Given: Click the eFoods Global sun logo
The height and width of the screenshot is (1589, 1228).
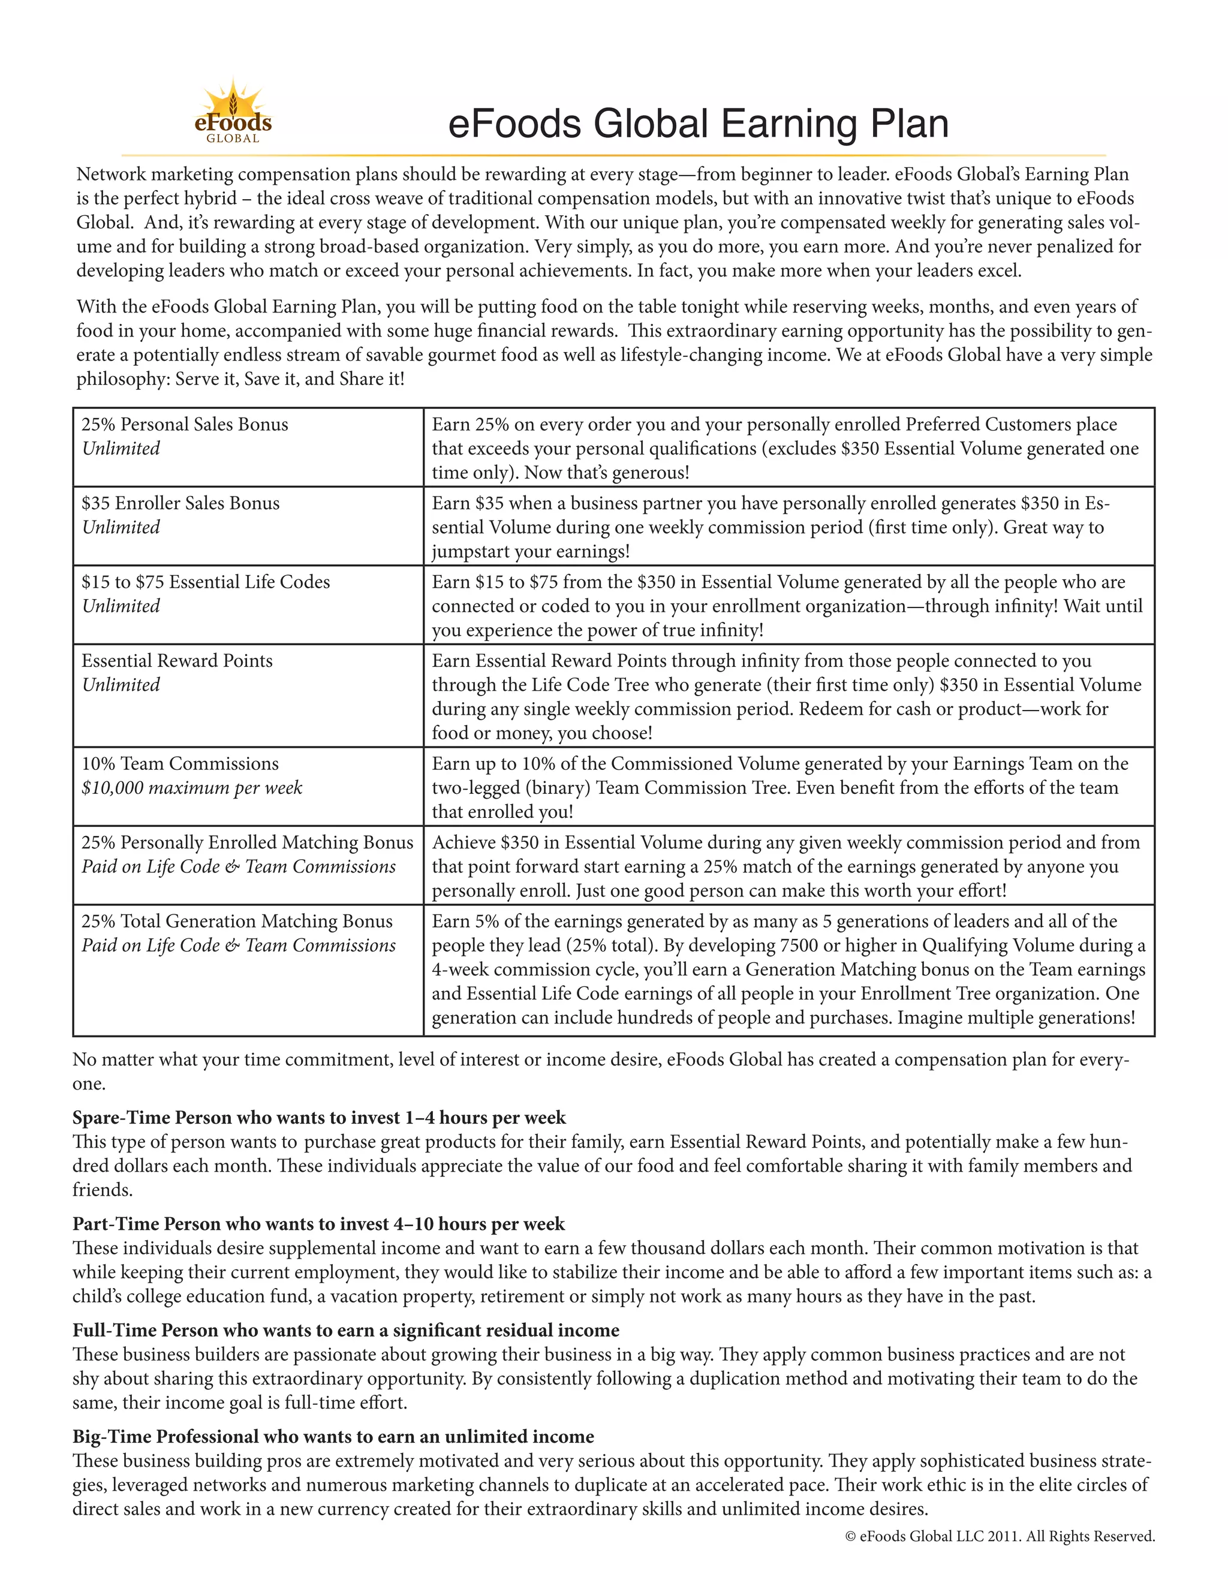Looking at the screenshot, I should [x=233, y=113].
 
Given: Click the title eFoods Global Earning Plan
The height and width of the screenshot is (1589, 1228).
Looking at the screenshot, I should [x=698, y=124].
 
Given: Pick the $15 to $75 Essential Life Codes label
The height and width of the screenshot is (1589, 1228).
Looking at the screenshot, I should [x=206, y=582].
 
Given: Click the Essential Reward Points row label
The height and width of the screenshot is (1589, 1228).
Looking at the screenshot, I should [x=177, y=661].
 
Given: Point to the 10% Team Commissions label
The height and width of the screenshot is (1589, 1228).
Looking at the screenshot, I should [x=180, y=764].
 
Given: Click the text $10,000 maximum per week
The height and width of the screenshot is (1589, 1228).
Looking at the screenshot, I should [x=191, y=788].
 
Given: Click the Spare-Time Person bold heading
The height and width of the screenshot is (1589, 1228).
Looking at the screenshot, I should [x=318, y=1118].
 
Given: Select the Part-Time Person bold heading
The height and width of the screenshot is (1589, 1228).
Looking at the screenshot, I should [x=318, y=1224].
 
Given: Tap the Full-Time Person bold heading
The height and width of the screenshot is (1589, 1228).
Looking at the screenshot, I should [x=345, y=1331].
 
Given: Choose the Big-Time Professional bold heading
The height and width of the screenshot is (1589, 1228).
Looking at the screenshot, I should [x=333, y=1437].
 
